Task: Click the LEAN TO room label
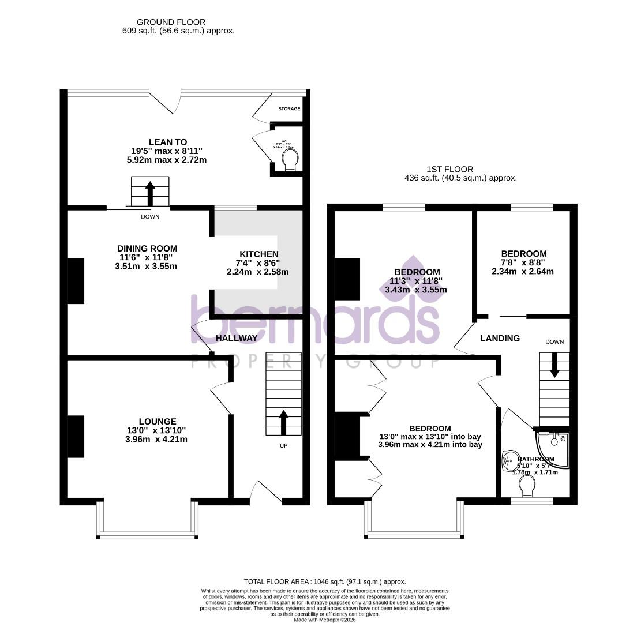tap(168, 142)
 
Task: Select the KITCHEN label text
tap(259, 254)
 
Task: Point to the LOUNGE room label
tap(157, 422)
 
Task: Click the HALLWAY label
tap(237, 338)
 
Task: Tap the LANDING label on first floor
tap(500, 339)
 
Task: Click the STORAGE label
tap(289, 109)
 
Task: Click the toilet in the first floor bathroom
tap(527, 486)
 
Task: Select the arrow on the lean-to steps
tap(150, 193)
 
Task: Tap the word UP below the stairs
tap(283, 446)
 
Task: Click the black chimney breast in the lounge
tap(76, 437)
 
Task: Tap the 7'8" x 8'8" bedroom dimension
tap(523, 262)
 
